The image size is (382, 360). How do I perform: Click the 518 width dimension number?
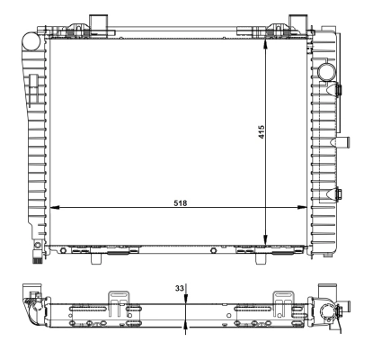[181, 202]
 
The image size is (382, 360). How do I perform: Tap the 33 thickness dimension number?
[179, 288]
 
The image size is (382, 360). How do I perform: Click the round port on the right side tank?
[324, 72]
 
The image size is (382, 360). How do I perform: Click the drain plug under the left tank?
[35, 256]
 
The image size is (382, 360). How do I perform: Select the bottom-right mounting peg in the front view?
[260, 257]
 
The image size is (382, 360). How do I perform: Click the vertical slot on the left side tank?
[30, 90]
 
